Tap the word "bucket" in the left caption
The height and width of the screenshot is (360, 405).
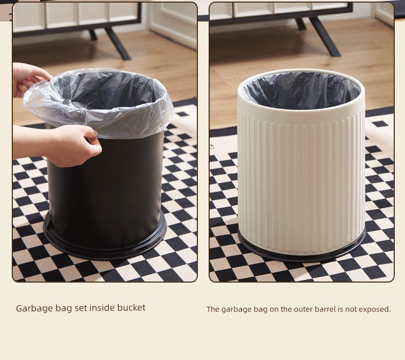pos(131,308)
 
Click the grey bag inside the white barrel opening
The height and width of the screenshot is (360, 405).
pos(301,90)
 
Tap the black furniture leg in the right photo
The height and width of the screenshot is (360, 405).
pos(324,36)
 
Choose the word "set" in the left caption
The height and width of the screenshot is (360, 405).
pos(81,308)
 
